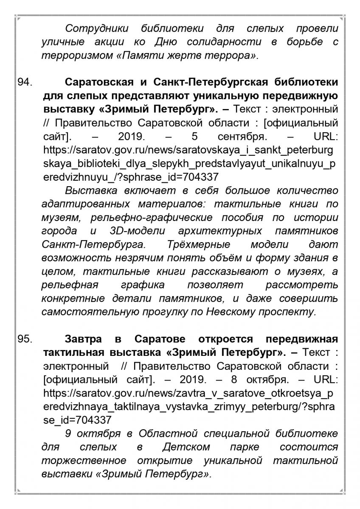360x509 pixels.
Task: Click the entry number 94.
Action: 25,82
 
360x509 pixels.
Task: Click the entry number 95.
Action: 25,339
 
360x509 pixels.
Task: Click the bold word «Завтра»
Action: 83,339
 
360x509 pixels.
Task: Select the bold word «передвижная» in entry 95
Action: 301,339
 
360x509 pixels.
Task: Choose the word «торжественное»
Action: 84,461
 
